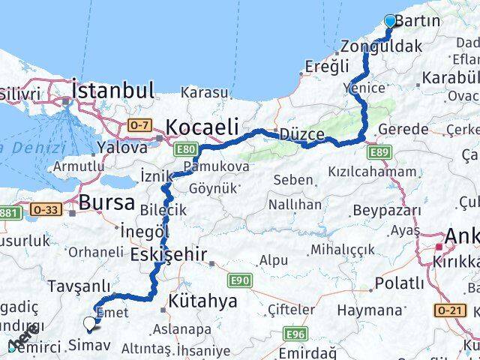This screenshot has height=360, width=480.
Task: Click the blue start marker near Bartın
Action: point(390,21)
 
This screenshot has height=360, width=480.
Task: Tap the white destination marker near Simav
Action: point(90,324)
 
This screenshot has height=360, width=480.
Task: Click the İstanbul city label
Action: point(112,91)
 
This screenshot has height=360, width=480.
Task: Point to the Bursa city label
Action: point(106,202)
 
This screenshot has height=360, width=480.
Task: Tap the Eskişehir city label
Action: point(168,255)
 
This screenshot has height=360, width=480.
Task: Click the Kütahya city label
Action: point(203,301)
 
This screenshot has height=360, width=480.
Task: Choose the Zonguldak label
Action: point(380,46)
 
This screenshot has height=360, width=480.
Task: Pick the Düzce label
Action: point(301,135)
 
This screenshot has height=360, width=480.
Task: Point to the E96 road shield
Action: point(295,334)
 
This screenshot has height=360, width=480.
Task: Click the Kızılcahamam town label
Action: point(371,172)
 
